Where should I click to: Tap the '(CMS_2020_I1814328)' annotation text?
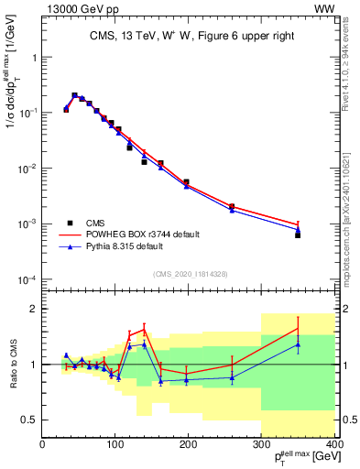click(x=190, y=273)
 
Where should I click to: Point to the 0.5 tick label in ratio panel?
click(x=29, y=420)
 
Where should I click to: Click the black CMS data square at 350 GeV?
click(x=298, y=235)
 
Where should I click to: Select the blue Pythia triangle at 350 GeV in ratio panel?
click(x=298, y=344)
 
